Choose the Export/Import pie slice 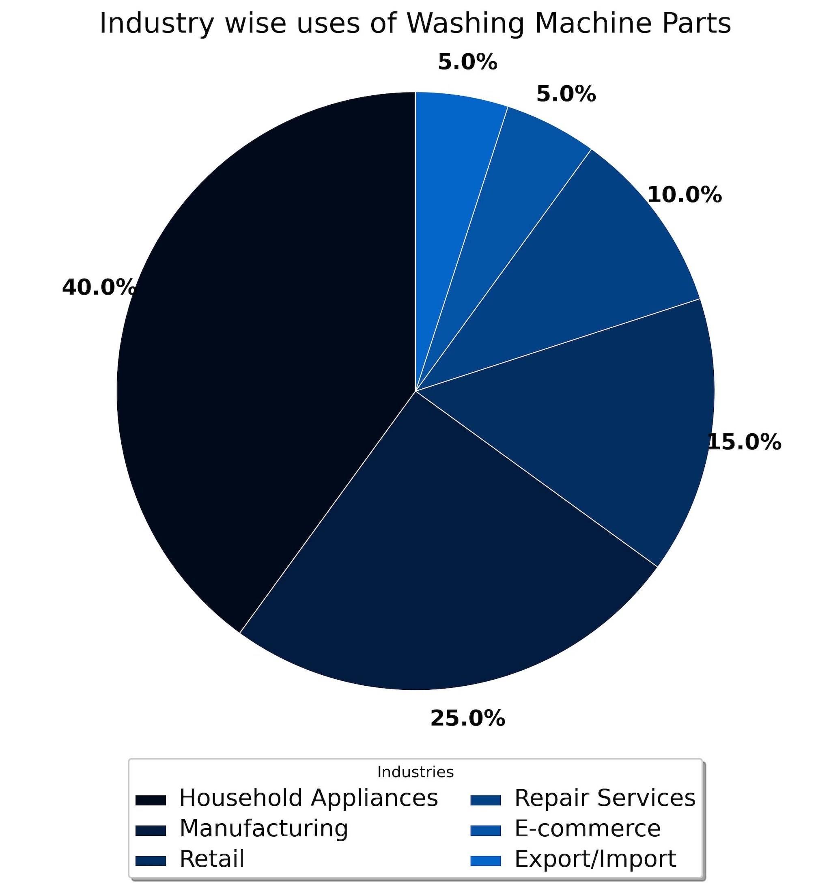coord(452,170)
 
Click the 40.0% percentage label coord(98,287)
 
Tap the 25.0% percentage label coord(467,719)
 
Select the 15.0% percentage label coord(745,442)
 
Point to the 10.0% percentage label coord(684,195)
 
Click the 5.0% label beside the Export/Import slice coord(467,62)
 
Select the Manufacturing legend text coord(264,828)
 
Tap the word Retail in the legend coord(212,859)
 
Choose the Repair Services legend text coord(605,798)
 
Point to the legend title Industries coord(415,772)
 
